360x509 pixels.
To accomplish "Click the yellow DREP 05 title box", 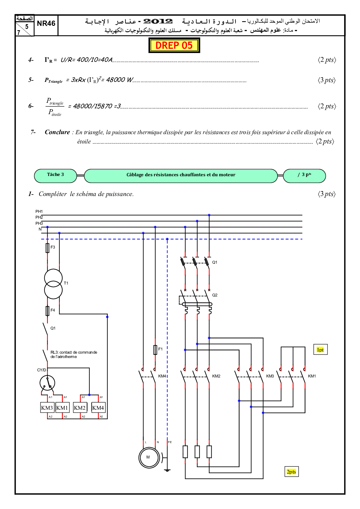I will (x=174, y=45).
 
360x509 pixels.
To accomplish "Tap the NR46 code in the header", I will (x=46, y=24).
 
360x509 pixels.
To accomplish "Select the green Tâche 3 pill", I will (x=55, y=175).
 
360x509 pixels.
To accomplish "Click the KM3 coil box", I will (x=47, y=408).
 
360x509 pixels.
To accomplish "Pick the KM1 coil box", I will (x=62, y=408).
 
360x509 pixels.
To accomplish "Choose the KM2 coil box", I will (x=80, y=408).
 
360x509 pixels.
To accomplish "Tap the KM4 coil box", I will (x=98, y=408).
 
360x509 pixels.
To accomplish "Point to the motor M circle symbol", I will (x=149, y=457).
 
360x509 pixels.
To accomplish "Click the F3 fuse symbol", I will (x=47, y=248).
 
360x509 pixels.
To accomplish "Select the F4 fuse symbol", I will (x=47, y=311).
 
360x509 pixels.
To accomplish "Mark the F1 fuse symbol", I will (x=155, y=350).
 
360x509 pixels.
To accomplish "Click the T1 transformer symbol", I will (x=53, y=284).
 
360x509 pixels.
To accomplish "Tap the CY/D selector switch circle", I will (x=47, y=383).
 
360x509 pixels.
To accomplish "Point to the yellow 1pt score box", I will (x=320, y=350).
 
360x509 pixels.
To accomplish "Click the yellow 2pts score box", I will (x=291, y=472).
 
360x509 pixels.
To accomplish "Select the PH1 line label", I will (x=39, y=211).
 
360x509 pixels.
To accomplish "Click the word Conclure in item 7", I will (x=57, y=132).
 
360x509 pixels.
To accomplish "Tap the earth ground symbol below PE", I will (x=167, y=470).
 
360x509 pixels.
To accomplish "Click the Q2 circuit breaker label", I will (x=215, y=295).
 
